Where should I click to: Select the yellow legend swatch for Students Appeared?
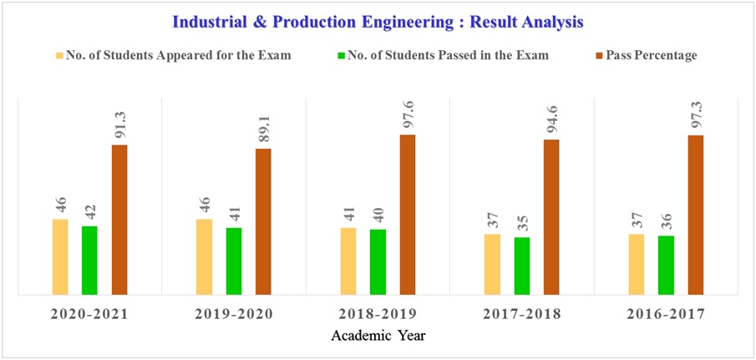pos(58,55)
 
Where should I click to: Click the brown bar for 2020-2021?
pos(119,220)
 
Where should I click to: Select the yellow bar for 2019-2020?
pos(204,257)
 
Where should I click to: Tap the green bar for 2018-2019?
pos(378,261)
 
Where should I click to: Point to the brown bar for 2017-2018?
pos(551,217)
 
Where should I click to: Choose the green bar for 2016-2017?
pos(666,265)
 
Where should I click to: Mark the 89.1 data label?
pos(263,125)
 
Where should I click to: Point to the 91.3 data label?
pos(119,122)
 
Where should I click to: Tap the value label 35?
pos(522,221)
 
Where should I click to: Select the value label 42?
pos(89,210)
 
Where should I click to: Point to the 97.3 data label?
pos(695,112)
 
